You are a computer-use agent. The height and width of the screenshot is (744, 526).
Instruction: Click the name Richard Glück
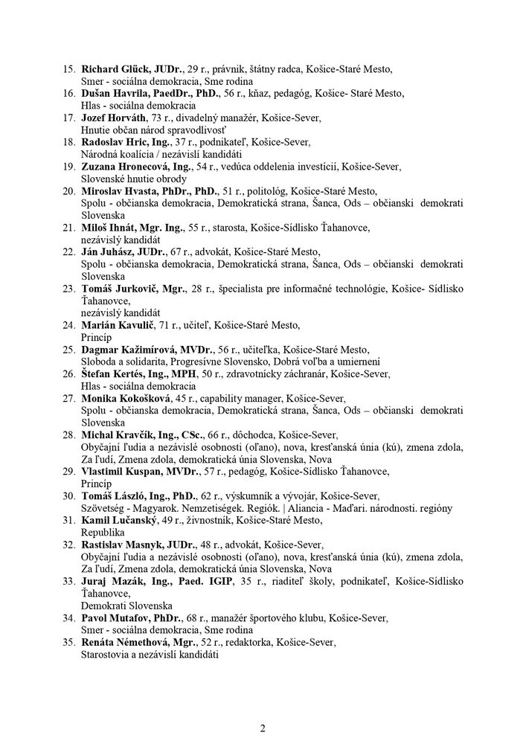coord(115,68)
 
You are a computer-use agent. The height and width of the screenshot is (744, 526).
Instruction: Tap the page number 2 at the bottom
coord(263,727)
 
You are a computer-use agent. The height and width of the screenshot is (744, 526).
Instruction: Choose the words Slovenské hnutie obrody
coord(134,179)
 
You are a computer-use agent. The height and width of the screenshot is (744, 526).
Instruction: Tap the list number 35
coord(68,642)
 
